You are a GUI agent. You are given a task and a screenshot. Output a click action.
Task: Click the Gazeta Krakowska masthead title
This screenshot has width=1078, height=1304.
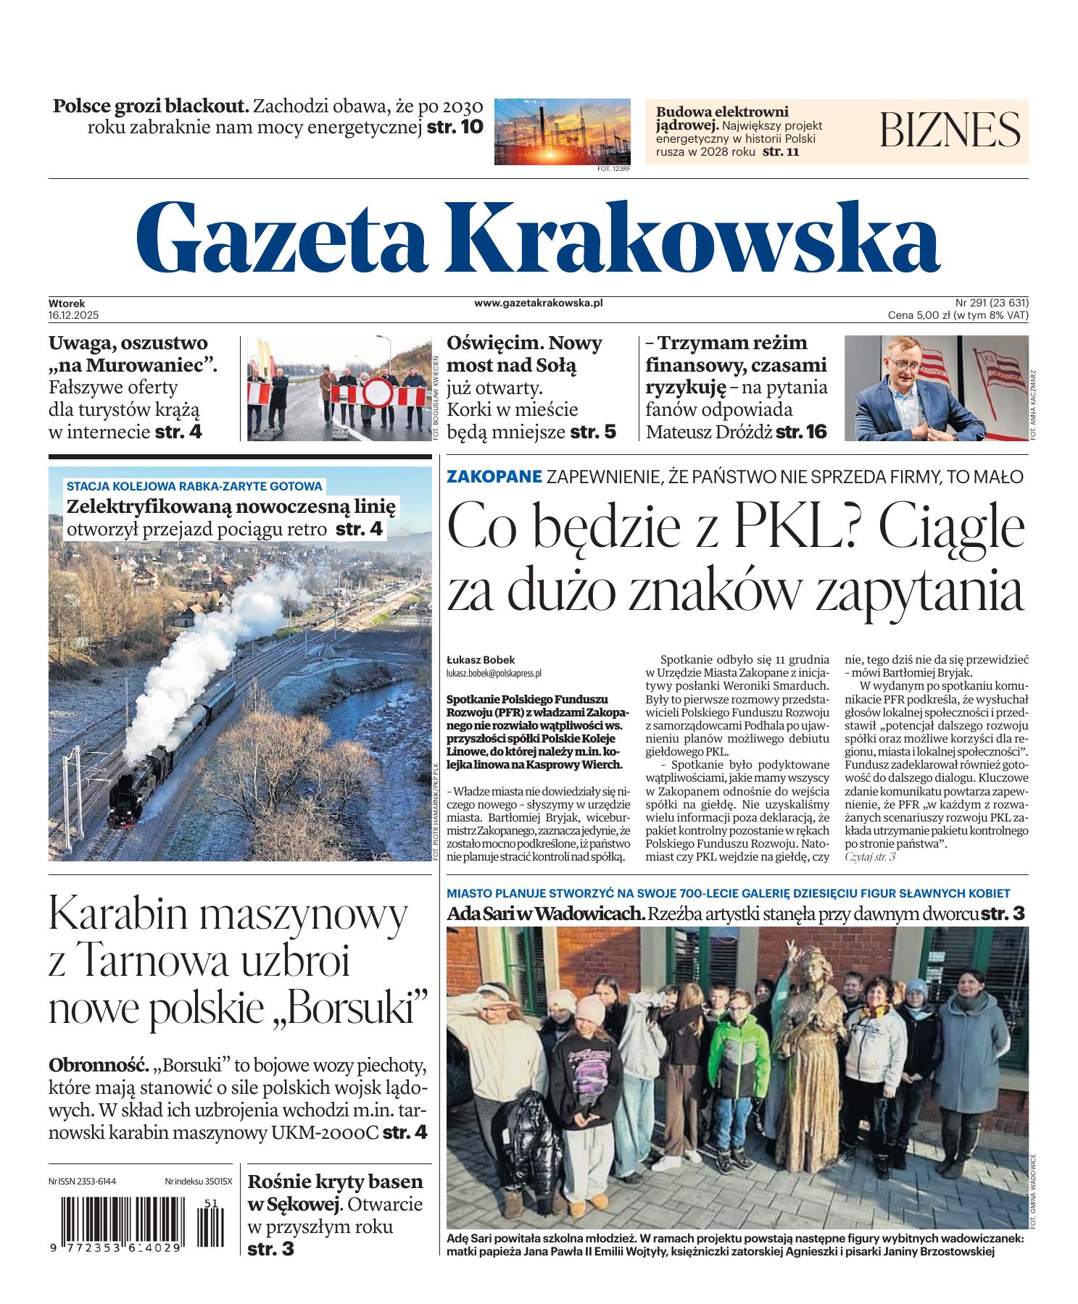(538, 235)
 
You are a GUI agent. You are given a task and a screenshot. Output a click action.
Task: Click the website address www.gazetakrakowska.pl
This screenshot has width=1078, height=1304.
(539, 304)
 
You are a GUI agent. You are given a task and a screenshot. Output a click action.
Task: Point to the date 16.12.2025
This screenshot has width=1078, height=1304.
(74, 315)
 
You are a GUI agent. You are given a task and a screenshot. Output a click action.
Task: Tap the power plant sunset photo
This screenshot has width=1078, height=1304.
(562, 131)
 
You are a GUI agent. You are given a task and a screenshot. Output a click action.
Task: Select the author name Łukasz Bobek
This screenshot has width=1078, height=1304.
(481, 660)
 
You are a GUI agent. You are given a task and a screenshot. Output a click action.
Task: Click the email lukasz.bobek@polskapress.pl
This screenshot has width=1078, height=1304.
(494, 673)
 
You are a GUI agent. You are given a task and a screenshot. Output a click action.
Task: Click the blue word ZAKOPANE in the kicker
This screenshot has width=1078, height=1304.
(494, 477)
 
